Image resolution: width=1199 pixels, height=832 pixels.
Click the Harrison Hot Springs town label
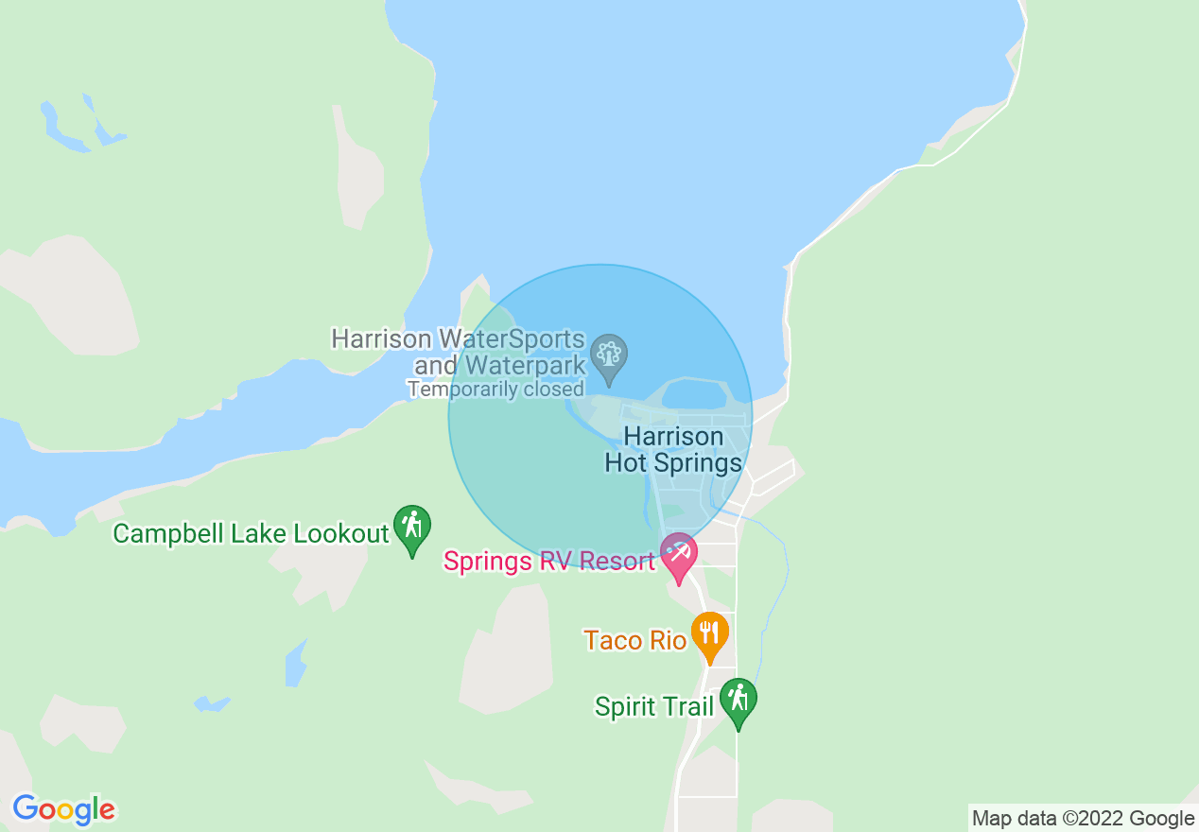673,450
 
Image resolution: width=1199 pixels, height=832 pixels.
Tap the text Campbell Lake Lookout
251,533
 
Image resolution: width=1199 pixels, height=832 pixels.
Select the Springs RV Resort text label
549,562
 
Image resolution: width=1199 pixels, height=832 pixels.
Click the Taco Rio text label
634,640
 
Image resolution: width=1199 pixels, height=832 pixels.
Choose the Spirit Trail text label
653,707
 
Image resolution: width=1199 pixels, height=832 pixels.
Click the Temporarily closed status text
495,389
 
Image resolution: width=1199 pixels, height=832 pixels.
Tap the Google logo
63,809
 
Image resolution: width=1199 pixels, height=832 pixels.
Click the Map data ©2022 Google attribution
1084,818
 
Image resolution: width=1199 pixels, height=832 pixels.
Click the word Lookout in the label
341,533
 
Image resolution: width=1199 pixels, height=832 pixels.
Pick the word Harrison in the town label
673,437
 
